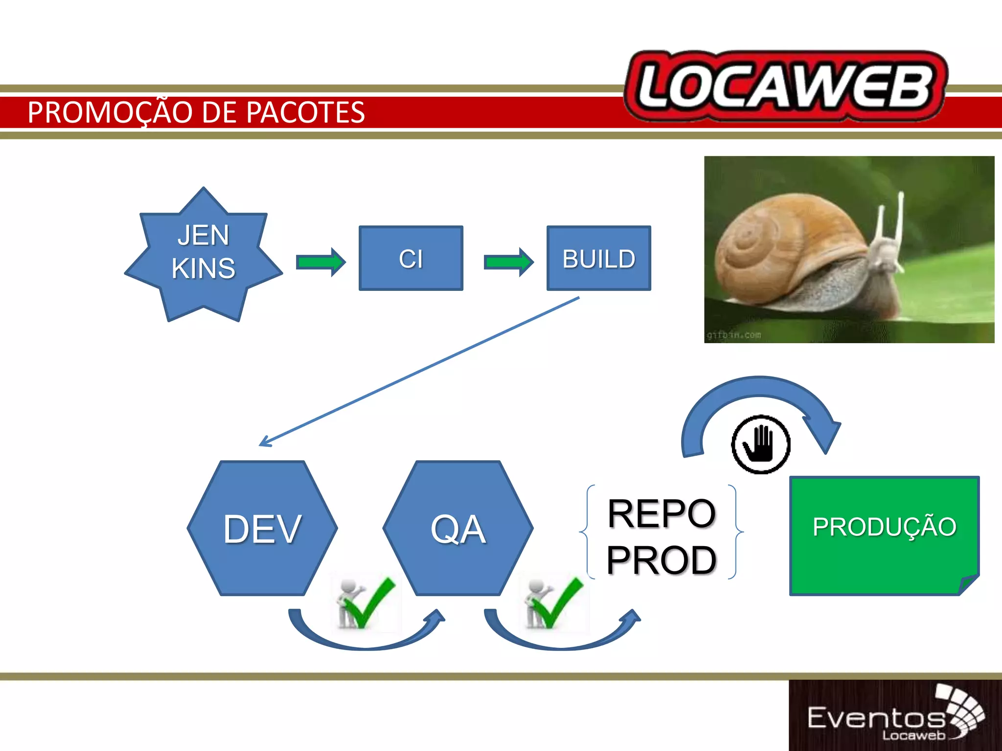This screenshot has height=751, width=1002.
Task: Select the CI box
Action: coord(410,258)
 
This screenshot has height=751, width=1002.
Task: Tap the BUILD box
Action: coord(598,258)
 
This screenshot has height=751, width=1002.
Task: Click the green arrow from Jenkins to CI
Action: coord(320,262)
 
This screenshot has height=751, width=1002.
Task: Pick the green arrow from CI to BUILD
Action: coord(508,262)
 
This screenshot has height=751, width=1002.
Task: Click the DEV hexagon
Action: coord(262,528)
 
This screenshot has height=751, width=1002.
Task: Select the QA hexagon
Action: coord(458,528)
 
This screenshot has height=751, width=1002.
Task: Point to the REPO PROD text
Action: coord(661,536)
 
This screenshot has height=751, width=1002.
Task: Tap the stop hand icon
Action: coord(760,444)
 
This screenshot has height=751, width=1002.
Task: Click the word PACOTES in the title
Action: coord(305,112)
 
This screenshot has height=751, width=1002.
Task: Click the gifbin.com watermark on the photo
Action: coord(734,335)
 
